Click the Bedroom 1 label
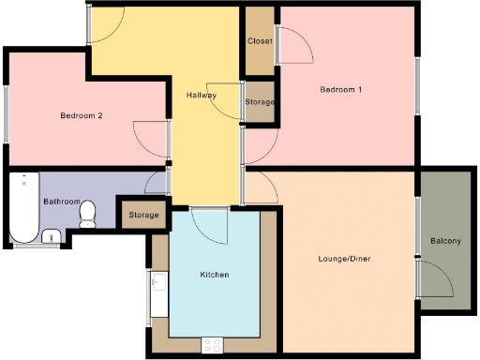pos(341,90)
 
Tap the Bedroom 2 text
pos(82,116)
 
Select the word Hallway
pos(202,96)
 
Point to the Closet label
pos(260,42)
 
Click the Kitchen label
pos(215,276)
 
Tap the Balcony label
pos(445,241)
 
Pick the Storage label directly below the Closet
pos(260,101)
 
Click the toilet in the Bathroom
pos(88,215)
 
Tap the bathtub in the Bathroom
pos(22,206)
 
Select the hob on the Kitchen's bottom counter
pos(213,344)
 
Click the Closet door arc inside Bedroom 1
pos(292,47)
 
